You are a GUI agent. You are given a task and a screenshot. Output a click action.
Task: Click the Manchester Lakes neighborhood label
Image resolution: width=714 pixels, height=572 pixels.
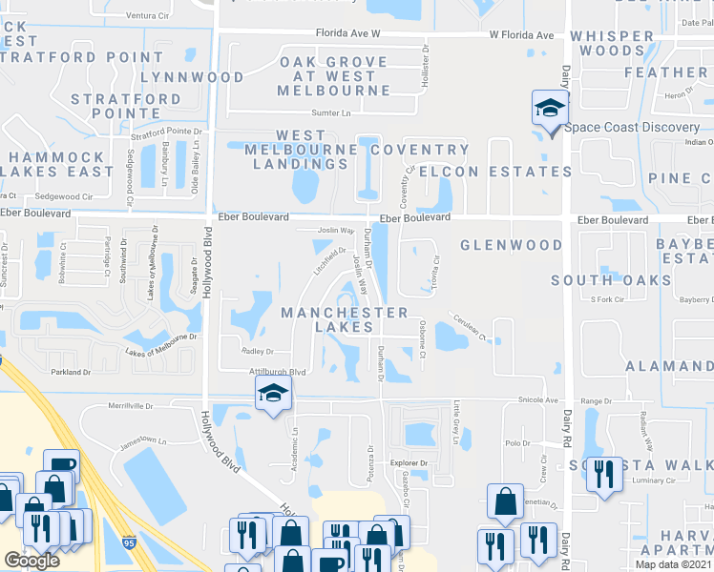coord(345,319)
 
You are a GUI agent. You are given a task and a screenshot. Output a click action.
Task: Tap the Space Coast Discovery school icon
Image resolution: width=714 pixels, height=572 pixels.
coord(549,109)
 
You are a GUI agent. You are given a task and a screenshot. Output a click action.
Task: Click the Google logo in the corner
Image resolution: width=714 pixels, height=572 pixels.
coord(31,561)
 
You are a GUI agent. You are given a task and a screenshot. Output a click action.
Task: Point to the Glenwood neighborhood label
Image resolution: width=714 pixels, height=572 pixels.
coord(511,245)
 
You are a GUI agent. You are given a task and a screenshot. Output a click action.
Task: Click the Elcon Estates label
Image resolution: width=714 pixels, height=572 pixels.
coord(501,172)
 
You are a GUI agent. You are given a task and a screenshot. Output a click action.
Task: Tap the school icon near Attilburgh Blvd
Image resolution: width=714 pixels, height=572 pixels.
coord(272,394)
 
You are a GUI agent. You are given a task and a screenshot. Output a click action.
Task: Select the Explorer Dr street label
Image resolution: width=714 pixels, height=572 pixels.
coord(411,463)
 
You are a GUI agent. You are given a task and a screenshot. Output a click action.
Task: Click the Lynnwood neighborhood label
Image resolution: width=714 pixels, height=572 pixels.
coord(192,76)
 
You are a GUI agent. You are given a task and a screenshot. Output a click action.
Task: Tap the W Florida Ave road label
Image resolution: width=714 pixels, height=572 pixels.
coord(521,35)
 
